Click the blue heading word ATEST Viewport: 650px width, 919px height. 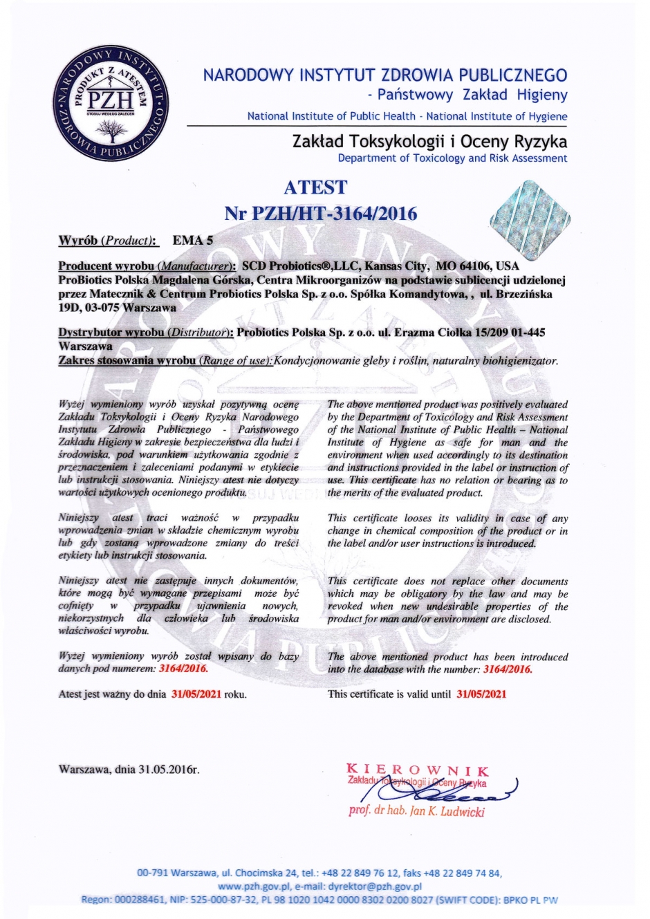tap(315, 187)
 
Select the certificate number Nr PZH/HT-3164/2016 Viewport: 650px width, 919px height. tap(321, 213)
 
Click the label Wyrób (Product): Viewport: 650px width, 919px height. tap(109, 241)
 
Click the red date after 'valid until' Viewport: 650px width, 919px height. tap(481, 694)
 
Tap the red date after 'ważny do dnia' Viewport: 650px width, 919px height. tap(196, 694)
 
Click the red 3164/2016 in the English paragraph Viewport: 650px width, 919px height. tap(507, 669)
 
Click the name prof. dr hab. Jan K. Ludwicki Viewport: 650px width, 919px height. tap(417, 811)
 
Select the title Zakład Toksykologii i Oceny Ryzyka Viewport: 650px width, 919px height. tap(429, 142)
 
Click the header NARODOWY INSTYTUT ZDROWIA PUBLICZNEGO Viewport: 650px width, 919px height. tap(385, 75)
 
